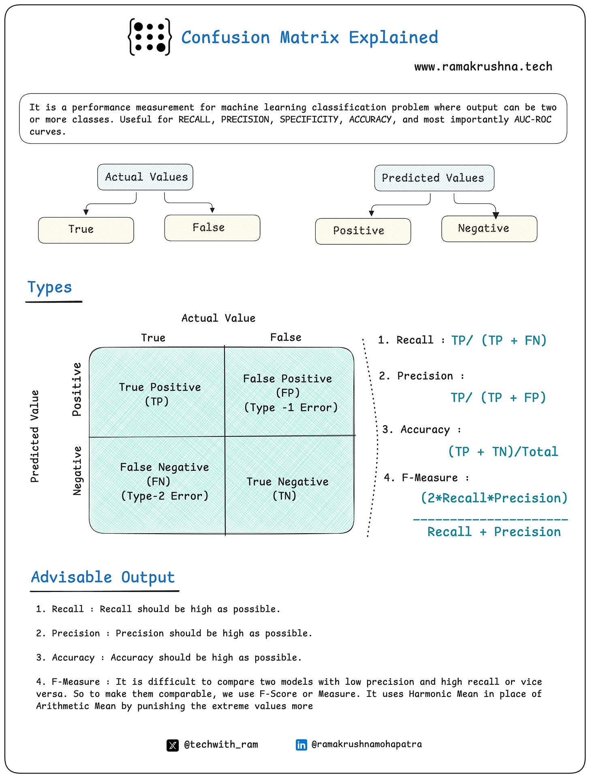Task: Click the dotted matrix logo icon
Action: coord(150,37)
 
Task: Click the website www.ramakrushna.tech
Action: coord(483,66)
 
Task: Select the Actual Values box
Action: coord(145,177)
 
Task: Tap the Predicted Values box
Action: coord(434,178)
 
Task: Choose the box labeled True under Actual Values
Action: coord(86,230)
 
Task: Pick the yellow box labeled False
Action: coord(212,228)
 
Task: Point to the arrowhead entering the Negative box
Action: coord(496,215)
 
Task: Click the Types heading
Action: coord(49,287)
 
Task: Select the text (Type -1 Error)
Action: coord(291,407)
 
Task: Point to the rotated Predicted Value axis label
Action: coord(35,436)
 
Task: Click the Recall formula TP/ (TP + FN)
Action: coord(499,340)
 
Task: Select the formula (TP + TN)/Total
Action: coord(503,451)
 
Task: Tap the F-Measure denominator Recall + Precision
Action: coord(494,532)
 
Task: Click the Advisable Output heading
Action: coord(103,577)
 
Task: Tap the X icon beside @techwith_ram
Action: coord(173,745)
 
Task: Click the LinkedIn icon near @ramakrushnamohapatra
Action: coord(301,745)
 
